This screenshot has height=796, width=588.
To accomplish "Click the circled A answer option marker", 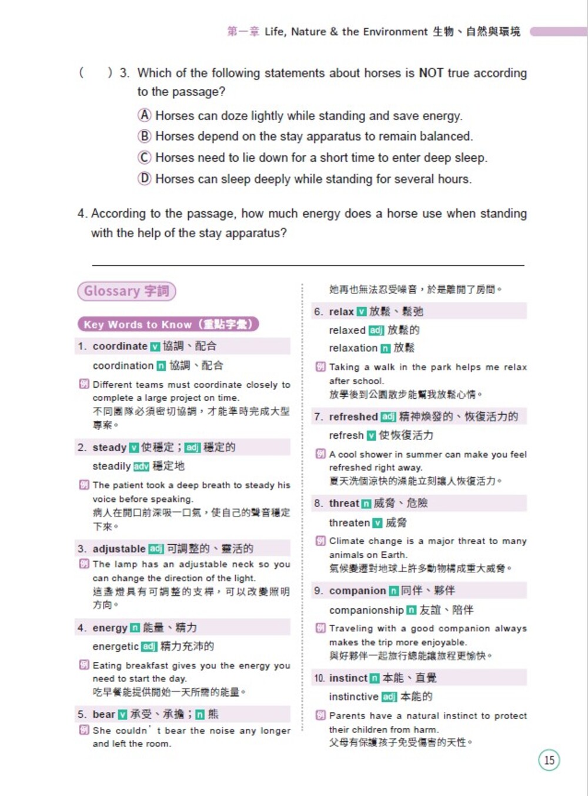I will pyautogui.click(x=145, y=115).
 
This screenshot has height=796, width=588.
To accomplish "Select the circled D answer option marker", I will pyautogui.click(x=145, y=178).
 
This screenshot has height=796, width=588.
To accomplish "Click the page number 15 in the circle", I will pyautogui.click(x=549, y=760).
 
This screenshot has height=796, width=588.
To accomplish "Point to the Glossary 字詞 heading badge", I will pyautogui.click(x=126, y=291).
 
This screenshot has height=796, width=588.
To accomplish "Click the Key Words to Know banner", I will pyautogui.click(x=168, y=324).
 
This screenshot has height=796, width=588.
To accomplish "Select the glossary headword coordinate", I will pyautogui.click(x=120, y=346).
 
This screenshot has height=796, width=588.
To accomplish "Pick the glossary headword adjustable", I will pyautogui.click(x=119, y=548).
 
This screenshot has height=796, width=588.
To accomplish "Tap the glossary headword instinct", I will pyautogui.click(x=348, y=678).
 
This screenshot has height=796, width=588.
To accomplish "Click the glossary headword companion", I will pyautogui.click(x=358, y=590).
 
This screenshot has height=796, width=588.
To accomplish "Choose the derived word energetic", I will pyautogui.click(x=115, y=646).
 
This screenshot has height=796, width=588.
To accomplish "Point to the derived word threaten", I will pyautogui.click(x=349, y=522).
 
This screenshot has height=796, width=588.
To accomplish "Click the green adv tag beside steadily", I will pyautogui.click(x=141, y=467).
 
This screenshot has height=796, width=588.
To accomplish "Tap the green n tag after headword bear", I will pyautogui.click(x=200, y=715).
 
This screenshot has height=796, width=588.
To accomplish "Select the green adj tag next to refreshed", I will pyautogui.click(x=388, y=417).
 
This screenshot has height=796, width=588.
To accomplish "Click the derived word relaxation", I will pyautogui.click(x=353, y=348).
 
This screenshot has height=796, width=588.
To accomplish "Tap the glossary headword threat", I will pyautogui.click(x=344, y=503).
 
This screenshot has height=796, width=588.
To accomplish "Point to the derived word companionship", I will pyautogui.click(x=366, y=610).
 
